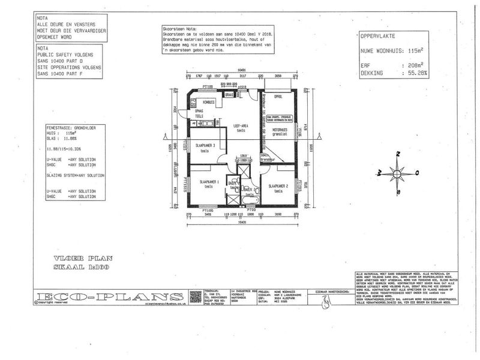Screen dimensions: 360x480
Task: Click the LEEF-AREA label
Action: [x=241, y=125]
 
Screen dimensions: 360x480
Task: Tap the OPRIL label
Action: [x=278, y=96]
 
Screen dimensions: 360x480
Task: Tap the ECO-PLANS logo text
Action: [x=108, y=297]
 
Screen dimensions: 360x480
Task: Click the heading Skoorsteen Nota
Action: [x=181, y=29]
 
